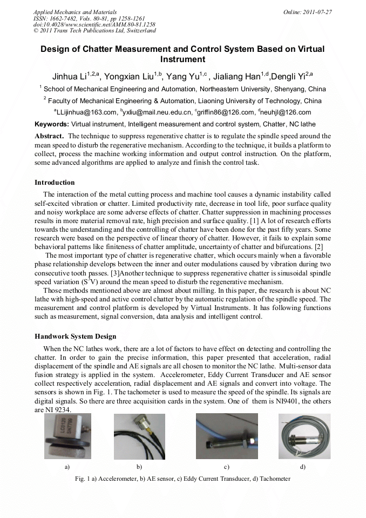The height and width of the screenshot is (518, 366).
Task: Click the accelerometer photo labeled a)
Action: tap(67, 436)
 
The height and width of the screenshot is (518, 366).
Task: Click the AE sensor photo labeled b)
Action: tap(139, 436)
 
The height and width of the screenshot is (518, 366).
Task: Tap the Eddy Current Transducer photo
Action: tap(227, 436)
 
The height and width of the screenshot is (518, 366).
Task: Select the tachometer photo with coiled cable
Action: tap(303, 436)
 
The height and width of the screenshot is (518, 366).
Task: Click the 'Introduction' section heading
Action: tap(55, 183)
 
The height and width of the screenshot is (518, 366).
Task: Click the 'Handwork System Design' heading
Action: tap(75, 337)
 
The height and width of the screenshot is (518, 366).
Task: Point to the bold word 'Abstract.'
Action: tap(50, 136)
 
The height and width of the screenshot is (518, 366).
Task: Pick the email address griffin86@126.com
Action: tap(226, 112)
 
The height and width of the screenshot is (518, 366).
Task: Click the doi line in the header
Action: tap(94, 25)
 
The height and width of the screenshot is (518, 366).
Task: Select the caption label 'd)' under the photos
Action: tap(303, 466)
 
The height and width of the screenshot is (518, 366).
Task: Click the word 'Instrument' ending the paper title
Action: tap(182, 59)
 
